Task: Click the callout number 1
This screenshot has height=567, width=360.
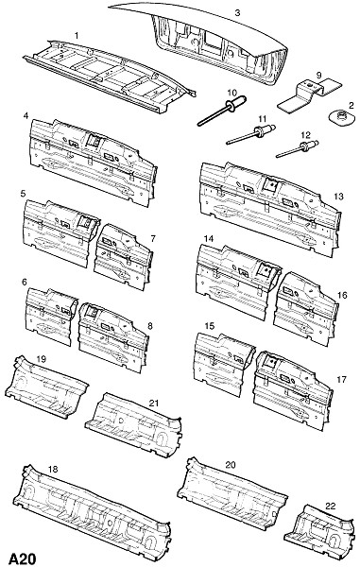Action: pyautogui.click(x=77, y=36)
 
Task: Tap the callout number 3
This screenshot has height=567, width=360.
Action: pyautogui.click(x=237, y=13)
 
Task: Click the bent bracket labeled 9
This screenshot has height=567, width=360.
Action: pyautogui.click(x=310, y=94)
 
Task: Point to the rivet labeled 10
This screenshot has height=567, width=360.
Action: pyautogui.click(x=222, y=110)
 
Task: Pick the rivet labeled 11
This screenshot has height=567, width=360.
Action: pyautogui.click(x=251, y=134)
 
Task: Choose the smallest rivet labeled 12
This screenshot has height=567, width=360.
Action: pyautogui.click(x=297, y=149)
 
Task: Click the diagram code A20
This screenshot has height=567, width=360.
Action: pyautogui.click(x=23, y=558)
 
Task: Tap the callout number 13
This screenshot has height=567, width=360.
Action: pyautogui.click(x=338, y=197)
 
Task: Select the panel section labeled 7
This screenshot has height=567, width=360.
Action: pyautogui.click(x=123, y=257)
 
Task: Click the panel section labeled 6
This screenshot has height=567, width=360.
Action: pyautogui.click(x=51, y=316)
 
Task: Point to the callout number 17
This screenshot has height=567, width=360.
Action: pyautogui.click(x=341, y=379)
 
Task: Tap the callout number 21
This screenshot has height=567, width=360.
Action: pyautogui.click(x=154, y=403)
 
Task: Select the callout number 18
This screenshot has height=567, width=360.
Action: pyautogui.click(x=53, y=470)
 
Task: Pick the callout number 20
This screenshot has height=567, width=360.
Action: pyautogui.click(x=231, y=465)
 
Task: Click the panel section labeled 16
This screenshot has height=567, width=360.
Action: pyautogui.click(x=306, y=309)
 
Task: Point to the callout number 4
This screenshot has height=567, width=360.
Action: pyautogui.click(x=26, y=116)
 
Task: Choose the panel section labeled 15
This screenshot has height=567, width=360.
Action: pyautogui.click(x=224, y=365)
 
